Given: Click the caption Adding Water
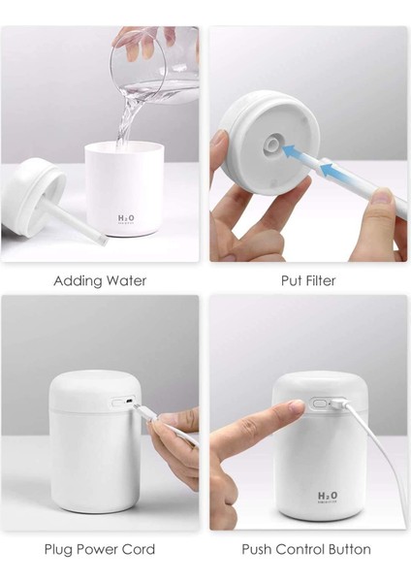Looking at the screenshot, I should pos(100,281).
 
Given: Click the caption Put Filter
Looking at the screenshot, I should pos(305,281).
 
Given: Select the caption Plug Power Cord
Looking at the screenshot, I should pos(99,550).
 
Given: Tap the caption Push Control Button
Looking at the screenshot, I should pos(305,550).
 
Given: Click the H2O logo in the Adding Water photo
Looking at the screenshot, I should pos(126,219).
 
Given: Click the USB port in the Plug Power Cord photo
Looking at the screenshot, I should pos(120,401).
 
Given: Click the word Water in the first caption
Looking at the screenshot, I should pos(124,281).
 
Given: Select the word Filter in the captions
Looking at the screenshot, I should pos(322,281).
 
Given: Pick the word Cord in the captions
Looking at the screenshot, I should pos(136,550).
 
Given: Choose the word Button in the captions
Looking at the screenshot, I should pos(346,550).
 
